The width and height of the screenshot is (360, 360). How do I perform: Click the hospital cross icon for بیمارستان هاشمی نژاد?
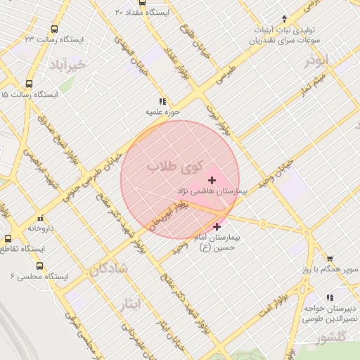point(212,181)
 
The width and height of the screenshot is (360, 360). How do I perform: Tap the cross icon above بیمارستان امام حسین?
point(217,227)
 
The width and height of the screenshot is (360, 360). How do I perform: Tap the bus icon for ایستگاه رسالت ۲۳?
point(54,30)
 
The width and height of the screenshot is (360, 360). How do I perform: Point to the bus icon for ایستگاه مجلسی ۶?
point(39,266)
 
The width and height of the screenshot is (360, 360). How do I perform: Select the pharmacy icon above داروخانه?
point(39,218)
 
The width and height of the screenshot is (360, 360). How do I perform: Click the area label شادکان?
point(108,268)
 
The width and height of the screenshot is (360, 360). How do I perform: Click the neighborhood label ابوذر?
point(318,61)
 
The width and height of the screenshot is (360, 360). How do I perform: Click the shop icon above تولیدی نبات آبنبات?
point(284,19)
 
